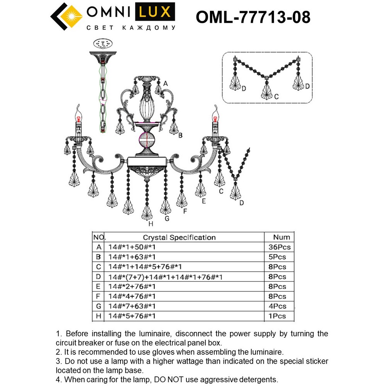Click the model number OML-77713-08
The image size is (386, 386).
click(253, 17)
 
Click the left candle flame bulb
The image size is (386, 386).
click(80, 113)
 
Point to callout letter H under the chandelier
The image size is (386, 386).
click(151, 224)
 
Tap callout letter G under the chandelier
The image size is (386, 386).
click(167, 218)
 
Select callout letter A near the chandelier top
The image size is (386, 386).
click(165, 83)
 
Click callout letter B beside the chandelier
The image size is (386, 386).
click(180, 135)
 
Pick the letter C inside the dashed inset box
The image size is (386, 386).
click(276, 98)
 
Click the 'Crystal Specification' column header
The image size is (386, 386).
click(179, 237)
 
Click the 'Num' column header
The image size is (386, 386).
click(281, 237)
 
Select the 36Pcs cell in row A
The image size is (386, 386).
click(279, 247)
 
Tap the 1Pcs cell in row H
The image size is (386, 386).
click(277, 316)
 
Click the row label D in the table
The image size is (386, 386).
click(98, 277)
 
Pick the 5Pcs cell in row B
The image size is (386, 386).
click(277, 257)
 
